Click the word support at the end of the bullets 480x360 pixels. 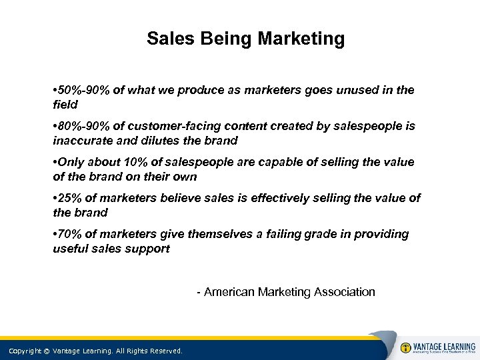pyautogui.click(x=151, y=249)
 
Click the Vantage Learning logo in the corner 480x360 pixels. pyautogui.click(x=437, y=348)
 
